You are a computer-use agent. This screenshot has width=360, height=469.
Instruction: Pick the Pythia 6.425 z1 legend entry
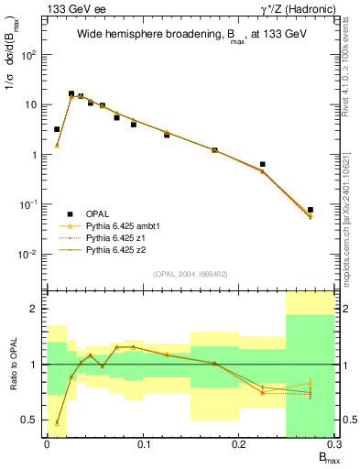point(115,236)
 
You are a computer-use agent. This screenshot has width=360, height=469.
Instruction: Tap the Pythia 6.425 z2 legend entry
point(115,248)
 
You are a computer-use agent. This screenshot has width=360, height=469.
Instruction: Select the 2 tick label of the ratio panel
point(36,309)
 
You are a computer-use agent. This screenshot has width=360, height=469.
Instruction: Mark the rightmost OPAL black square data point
point(311,210)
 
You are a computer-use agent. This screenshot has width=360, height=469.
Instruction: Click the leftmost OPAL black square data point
point(57,129)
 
